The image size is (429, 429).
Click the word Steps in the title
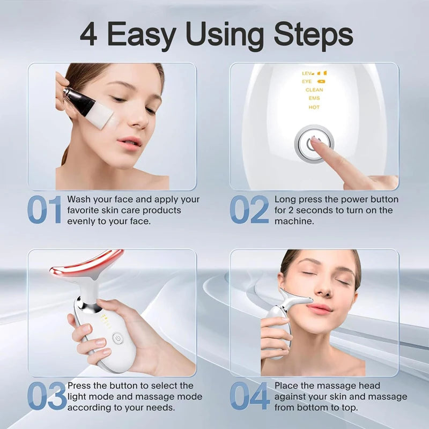(313, 35)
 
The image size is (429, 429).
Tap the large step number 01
(45, 210)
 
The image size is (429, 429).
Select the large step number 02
(249, 210)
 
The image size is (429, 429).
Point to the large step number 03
(47, 396)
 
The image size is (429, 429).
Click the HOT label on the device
(314, 107)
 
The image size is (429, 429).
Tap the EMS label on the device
(314, 98)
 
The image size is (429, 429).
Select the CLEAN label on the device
(314, 90)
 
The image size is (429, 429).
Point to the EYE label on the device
(307, 82)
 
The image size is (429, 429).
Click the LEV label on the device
(306, 73)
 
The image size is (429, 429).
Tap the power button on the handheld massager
(117, 339)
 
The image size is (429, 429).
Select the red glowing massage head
(86, 264)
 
